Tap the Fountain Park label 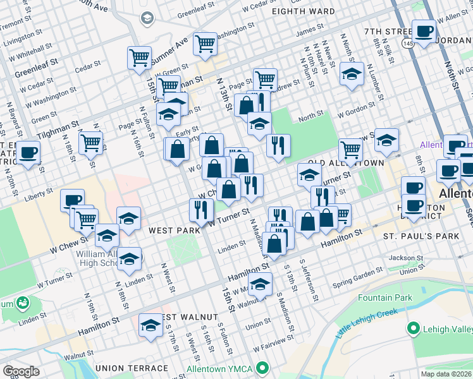pos(384,298)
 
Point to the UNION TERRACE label pos(132,368)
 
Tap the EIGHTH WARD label pos(303,11)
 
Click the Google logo pos(21,371)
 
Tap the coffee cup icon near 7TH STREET pos(423,30)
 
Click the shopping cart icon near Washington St pos(205,43)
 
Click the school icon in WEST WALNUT pos(150,325)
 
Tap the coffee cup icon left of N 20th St pos(28,152)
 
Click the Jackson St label pos(405,258)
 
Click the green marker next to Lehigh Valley pos(415,328)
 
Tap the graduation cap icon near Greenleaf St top pos(147,18)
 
